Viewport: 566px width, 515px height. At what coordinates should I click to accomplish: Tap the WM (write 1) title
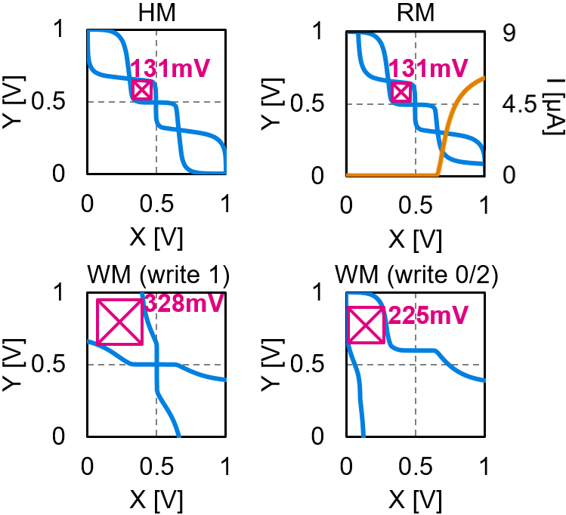click(156, 273)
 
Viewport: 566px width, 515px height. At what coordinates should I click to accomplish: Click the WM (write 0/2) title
click(415, 273)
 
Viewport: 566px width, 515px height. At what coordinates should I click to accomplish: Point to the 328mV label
click(179, 304)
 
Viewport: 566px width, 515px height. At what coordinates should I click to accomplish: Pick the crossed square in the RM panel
click(401, 92)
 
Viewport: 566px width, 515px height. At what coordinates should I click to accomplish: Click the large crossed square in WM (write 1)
click(119, 322)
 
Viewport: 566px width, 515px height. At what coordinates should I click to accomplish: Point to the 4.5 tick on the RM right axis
click(508, 103)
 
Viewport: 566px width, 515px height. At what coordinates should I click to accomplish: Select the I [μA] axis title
click(550, 103)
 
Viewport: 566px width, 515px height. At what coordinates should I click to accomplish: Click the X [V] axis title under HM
click(156, 236)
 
